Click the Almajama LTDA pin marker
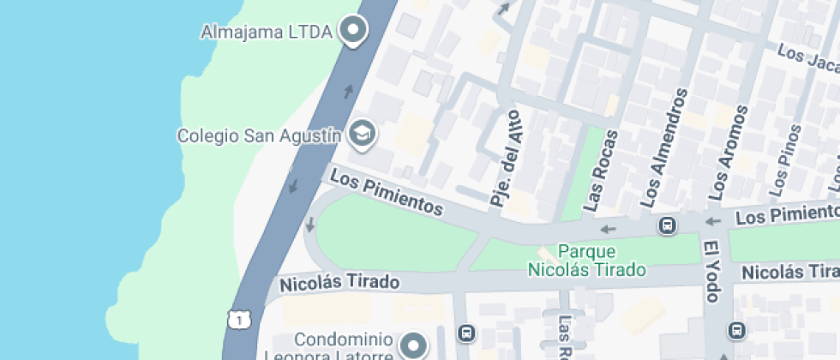click(352, 32)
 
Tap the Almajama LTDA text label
click(267, 33)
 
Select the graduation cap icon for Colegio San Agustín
click(363, 134)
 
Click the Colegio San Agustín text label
click(260, 135)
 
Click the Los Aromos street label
click(725, 152)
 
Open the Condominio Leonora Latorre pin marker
click(416, 345)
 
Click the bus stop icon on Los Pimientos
click(666, 226)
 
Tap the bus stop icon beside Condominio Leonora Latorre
click(465, 332)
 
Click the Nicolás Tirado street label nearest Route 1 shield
click(339, 282)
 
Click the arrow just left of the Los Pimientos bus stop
click(609, 229)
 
